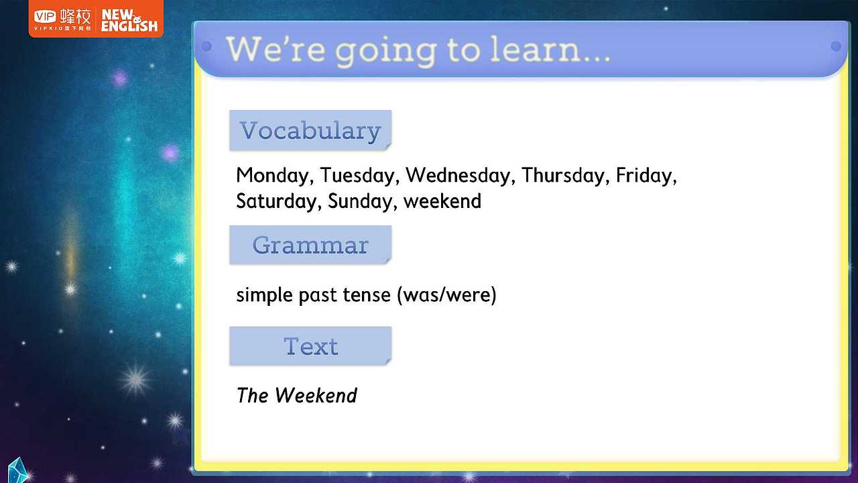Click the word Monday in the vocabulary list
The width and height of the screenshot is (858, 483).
pos(272,176)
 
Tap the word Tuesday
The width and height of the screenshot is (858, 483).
pos(357,176)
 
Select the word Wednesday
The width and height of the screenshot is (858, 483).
pos(458,175)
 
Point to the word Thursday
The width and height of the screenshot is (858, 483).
pos(563,175)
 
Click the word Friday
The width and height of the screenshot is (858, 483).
pos(644,176)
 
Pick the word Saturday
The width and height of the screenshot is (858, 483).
pos(276,201)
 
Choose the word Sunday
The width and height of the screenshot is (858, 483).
pos(360,201)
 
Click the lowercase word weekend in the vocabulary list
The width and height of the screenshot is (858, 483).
pos(442,201)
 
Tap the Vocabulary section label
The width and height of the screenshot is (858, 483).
pos(310,130)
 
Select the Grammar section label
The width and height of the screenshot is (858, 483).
pos(310,245)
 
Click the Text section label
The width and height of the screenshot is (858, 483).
pos(310,346)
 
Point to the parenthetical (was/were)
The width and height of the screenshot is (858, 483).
pos(446,294)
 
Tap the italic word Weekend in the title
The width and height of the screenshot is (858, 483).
pos(316,395)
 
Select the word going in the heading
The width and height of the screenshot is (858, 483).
pos(386,52)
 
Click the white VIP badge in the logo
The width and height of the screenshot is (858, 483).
pos(45,17)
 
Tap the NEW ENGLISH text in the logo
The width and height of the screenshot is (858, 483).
pos(129,21)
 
